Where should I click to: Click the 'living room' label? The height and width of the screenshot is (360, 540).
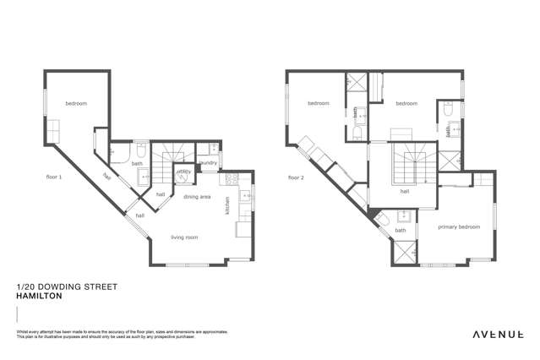[184, 237]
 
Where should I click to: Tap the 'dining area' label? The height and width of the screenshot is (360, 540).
[197, 196]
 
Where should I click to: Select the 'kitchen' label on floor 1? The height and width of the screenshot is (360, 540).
[226, 205]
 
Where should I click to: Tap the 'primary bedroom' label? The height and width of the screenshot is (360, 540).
[459, 226]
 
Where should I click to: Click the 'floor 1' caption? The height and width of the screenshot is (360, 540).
[54, 177]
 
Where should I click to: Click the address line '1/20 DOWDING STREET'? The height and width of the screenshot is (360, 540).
[67, 287]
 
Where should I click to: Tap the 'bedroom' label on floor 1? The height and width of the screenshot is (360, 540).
[76, 103]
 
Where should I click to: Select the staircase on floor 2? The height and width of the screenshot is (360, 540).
[413, 161]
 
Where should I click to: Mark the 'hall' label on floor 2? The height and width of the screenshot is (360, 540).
[405, 192]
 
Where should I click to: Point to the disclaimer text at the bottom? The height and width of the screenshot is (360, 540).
[123, 335]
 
